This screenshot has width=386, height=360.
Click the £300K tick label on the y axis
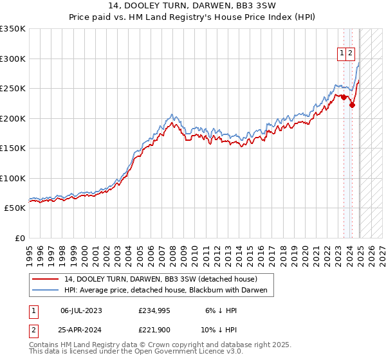tap(13, 59)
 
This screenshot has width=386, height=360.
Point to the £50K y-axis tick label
tap(15, 208)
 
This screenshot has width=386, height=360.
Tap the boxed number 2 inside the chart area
tap(350, 54)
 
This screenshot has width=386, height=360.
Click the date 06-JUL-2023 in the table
tap(81, 310)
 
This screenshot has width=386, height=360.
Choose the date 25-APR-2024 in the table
tap(81, 330)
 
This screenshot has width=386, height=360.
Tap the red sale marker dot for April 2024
tap(352, 105)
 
